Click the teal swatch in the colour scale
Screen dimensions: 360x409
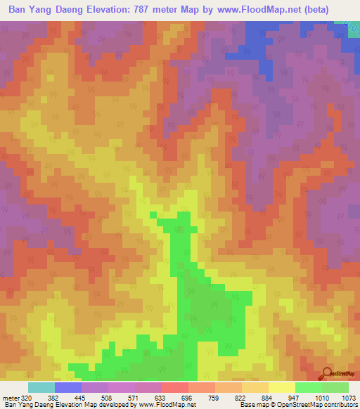[41, 387]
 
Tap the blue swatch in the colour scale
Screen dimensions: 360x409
[68, 387]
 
